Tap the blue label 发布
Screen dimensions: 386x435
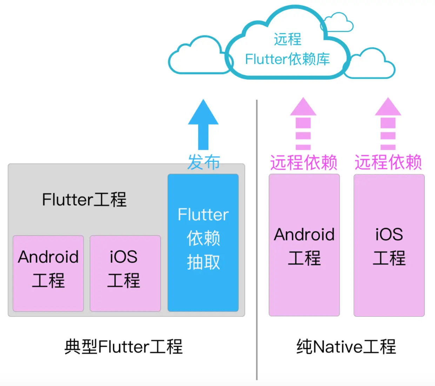[203, 162]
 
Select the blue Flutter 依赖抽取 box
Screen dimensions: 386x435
[203, 242]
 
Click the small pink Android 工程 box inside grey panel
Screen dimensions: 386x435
[48, 273]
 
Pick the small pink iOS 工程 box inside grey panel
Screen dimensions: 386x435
[125, 273]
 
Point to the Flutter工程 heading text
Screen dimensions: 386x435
[84, 200]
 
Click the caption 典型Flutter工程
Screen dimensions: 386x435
[123, 347]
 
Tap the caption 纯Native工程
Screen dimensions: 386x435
[346, 347]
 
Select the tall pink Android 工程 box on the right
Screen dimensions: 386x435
[304, 246]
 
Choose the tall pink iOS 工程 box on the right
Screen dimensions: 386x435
[389, 246]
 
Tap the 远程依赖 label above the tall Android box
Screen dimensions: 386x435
[303, 162]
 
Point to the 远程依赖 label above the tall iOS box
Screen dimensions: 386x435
[388, 162]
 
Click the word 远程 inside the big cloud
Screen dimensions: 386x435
[287, 39]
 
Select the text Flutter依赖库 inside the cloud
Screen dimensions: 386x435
[287, 59]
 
